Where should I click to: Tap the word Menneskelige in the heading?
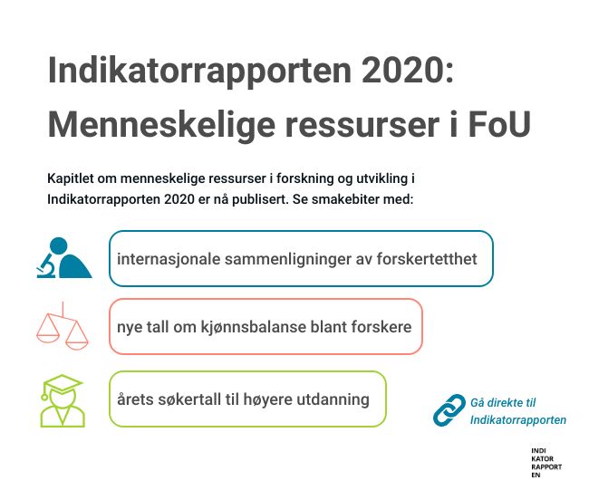tap(162, 125)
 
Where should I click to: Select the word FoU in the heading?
tap(499, 124)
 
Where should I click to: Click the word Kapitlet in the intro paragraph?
tap(71, 178)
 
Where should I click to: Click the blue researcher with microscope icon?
tap(63, 258)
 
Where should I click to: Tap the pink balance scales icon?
tap(63, 326)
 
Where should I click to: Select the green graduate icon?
tap(62, 400)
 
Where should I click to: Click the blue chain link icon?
tap(449, 410)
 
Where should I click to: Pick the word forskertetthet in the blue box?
tap(427, 259)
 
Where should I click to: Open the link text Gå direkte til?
tap(503, 403)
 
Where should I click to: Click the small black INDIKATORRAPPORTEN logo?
tap(546, 463)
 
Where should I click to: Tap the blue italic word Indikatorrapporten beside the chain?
tap(518, 419)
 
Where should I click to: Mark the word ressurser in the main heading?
tap(362, 125)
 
